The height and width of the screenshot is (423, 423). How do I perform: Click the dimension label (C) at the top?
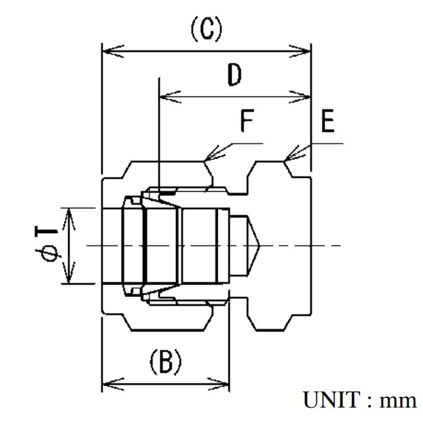206,31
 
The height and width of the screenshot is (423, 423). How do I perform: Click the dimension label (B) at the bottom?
165,364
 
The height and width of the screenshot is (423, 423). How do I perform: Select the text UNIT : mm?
359,400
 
